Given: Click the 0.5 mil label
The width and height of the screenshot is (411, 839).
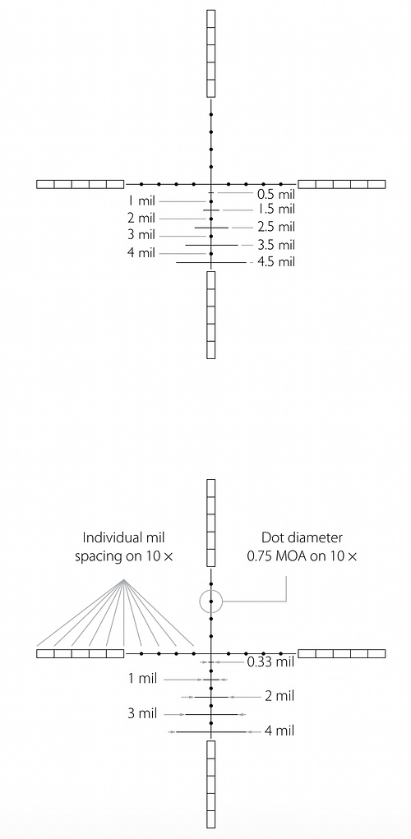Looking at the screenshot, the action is point(276,192).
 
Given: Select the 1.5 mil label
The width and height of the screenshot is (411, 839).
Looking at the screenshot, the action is point(276,210).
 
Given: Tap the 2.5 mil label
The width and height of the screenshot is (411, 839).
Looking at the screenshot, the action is point(276,228).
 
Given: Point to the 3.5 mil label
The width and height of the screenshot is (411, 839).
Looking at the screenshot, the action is point(276,246).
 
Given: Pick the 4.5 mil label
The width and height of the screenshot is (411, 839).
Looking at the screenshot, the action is point(276,262).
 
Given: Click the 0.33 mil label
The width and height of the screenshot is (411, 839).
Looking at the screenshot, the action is point(270,662).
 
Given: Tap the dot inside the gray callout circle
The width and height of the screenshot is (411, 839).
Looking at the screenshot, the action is point(211,602).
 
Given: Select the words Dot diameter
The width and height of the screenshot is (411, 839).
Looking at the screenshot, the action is point(302,537).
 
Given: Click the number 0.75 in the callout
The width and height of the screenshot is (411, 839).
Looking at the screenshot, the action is point(258,556).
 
